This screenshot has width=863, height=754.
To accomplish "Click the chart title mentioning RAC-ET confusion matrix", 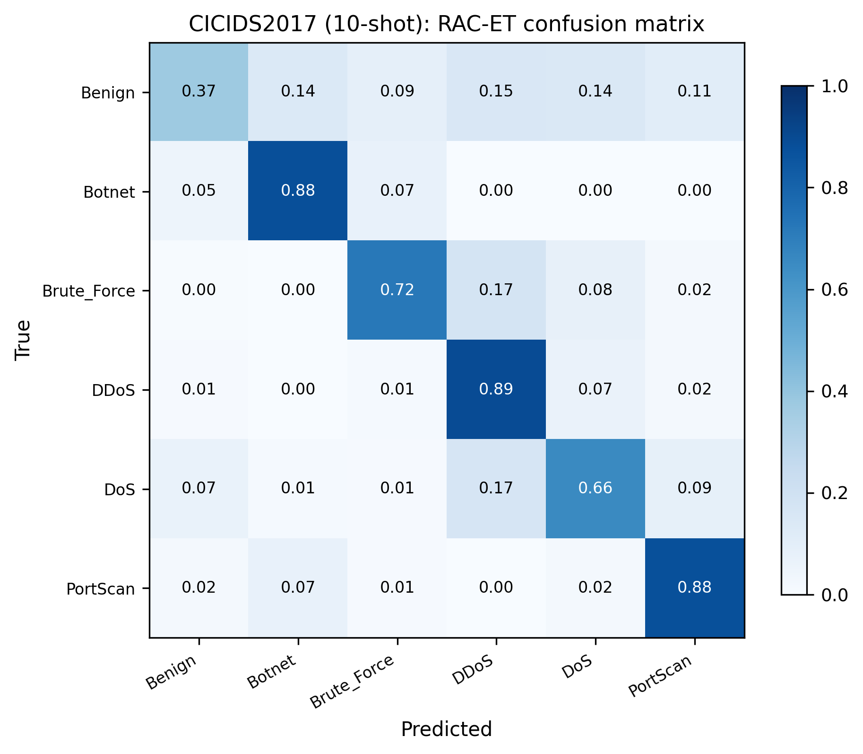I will [446, 24].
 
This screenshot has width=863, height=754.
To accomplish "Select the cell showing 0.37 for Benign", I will [199, 91].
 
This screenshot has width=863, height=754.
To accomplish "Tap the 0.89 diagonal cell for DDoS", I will [496, 389].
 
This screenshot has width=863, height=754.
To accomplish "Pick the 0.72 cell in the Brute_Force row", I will [397, 289].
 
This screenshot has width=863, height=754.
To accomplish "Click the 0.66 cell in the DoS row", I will [595, 488].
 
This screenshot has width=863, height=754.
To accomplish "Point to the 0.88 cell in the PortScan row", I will [694, 587].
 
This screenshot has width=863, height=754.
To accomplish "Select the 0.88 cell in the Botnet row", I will [298, 191].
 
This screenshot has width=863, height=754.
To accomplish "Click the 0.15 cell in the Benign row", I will [496, 91].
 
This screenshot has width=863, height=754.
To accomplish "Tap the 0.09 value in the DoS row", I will [694, 488].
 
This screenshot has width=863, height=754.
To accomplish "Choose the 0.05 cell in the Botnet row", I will [199, 191].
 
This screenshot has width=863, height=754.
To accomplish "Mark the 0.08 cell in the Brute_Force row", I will [595, 289].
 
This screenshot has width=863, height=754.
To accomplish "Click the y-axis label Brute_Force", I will [88, 291].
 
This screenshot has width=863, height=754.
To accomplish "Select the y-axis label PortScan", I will [100, 589].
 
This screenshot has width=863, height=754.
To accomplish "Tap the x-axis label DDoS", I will [473, 670].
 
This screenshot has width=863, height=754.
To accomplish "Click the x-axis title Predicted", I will [446, 729].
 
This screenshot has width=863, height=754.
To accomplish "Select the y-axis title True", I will [23, 340].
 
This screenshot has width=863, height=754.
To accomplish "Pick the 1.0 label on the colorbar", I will [835, 87].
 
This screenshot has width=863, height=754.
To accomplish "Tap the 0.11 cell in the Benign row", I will [694, 91].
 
